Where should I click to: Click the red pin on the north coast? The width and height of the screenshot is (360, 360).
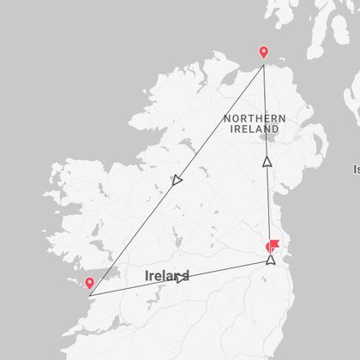coord(263,52)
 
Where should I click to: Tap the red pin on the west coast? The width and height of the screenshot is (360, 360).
coord(89,283)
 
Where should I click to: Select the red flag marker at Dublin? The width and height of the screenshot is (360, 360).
coord(273,245)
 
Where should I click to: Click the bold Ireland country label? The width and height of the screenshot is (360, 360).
coord(166,276)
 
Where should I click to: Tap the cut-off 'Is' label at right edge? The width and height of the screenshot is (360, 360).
coord(356,169)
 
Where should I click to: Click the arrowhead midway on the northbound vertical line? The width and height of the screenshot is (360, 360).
coord(267,160)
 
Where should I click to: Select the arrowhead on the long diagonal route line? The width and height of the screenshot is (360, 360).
coord(177,180)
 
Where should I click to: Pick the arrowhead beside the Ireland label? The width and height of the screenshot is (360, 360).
coord(180,277)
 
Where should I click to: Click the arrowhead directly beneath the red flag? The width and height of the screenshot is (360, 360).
coord(272,259)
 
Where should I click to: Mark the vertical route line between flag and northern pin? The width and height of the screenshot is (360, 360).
coord(266,197)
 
